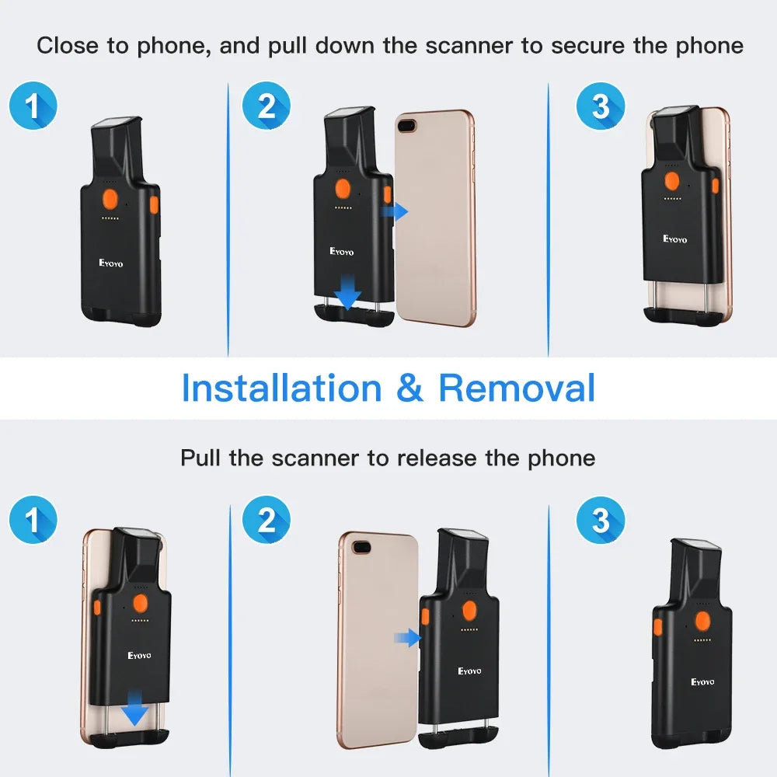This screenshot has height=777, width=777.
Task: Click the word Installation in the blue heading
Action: pyautogui.click(x=281, y=388)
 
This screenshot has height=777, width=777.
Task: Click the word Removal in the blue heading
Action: pyautogui.click(x=517, y=388)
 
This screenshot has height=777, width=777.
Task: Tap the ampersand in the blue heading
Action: pyautogui.click(x=409, y=388)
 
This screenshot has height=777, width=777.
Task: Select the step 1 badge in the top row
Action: pyautogui.click(x=33, y=106)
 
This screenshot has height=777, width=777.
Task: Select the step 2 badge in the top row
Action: pyautogui.click(x=266, y=106)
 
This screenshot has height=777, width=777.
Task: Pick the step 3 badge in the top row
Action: pyautogui.click(x=600, y=106)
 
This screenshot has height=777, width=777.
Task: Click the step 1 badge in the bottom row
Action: pyautogui.click(x=33, y=520)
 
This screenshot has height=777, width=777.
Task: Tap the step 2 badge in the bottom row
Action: pyautogui.click(x=266, y=520)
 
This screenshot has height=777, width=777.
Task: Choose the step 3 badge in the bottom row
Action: pyautogui.click(x=600, y=520)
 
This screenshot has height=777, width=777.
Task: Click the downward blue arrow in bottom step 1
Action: pyautogui.click(x=136, y=711)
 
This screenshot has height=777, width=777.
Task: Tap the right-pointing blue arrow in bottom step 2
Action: pyautogui.click(x=408, y=639)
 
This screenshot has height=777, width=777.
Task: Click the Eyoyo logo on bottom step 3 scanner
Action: pyautogui.click(x=702, y=681)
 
